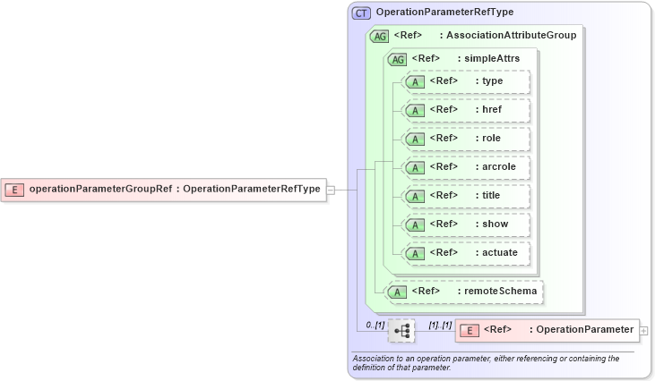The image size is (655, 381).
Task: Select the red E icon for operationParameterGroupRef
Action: point(15,189)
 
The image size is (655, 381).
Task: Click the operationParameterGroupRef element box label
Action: point(175,189)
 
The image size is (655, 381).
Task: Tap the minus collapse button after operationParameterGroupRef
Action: point(331,190)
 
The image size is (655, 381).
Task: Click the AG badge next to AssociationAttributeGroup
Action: point(380,36)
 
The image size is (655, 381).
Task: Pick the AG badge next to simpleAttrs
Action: point(396,59)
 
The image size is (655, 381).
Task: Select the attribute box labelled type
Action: point(467,81)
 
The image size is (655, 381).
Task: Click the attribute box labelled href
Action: point(467,110)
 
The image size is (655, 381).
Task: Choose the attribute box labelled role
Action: point(467,139)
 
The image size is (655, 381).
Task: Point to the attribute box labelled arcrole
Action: point(467,167)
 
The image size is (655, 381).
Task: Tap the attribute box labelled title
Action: point(467,196)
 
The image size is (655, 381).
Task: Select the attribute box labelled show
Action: point(467,224)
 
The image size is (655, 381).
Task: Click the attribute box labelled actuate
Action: point(467,253)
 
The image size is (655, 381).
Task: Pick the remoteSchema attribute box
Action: point(463,291)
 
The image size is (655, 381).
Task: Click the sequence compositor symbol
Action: point(402,331)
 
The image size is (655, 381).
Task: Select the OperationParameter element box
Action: point(547,330)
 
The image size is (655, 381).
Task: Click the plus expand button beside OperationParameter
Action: point(644,331)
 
